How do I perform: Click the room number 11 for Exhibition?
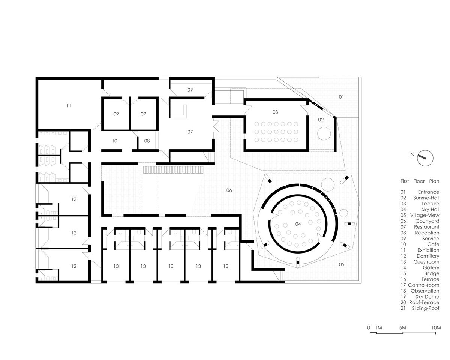69,106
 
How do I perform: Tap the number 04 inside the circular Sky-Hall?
298,224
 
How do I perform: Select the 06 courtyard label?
229,190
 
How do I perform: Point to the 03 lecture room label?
275,112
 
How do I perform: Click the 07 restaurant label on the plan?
190,132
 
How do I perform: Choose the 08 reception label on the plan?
147,141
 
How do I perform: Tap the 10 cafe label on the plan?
115,141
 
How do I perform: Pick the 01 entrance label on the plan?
341,97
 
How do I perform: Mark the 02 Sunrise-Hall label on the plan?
321,120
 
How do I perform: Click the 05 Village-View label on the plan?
342,264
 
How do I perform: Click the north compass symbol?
425,158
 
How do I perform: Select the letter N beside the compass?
412,154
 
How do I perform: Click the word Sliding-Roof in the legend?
426,308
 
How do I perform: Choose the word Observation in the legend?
425,291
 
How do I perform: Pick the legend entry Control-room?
424,285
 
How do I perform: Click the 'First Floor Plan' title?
420,181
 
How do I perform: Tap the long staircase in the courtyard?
173,170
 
